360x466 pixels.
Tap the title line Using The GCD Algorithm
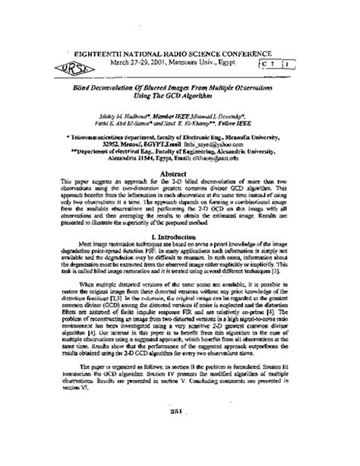(x=179, y=97)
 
